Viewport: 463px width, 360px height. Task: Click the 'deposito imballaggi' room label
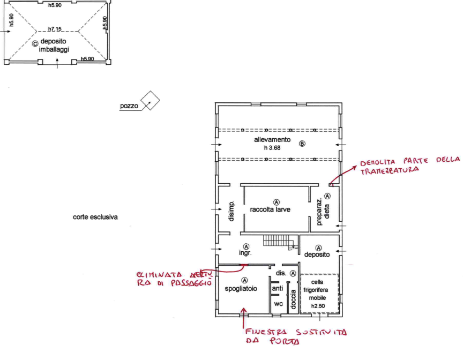pos(51,46)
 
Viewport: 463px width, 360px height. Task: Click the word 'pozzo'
pos(129,107)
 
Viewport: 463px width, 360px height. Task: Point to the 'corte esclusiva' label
pos(95,217)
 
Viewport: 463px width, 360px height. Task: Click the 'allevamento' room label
pos(272,140)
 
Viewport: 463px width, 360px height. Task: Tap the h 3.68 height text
pos(272,147)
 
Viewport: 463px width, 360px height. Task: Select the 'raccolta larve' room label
pos(274,209)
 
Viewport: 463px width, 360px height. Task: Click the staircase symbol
pos(277,242)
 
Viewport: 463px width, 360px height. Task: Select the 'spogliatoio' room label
pos(242,288)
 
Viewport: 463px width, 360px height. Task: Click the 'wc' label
pos(278,304)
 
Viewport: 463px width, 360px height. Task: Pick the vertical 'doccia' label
pos(293,301)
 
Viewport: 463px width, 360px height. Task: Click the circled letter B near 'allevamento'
pos(302,144)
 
